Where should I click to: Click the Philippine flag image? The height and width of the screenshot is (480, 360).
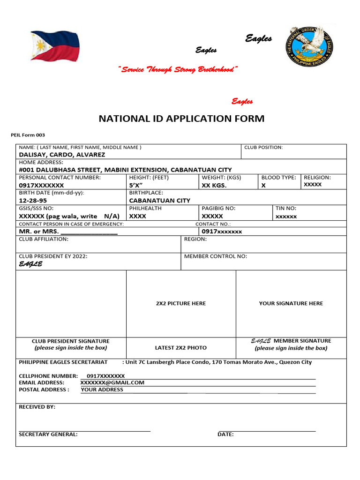click(55, 46)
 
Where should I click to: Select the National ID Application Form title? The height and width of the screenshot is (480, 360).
click(181, 119)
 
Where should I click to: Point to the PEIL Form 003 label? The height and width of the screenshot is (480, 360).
click(28, 135)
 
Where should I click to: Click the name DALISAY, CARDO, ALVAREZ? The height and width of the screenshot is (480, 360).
click(62, 155)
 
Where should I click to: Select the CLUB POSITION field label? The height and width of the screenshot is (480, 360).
click(263, 147)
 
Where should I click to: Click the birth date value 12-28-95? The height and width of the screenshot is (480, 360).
click(33, 201)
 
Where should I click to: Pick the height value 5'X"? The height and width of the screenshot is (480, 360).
click(136, 186)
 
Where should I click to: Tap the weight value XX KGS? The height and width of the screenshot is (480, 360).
click(214, 186)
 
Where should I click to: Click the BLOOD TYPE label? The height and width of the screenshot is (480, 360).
click(278, 178)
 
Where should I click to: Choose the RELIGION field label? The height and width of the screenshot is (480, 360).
click(317, 178)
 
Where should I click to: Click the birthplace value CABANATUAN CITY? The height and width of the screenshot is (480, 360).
click(160, 201)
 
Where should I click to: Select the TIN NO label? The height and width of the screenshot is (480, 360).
click(286, 208)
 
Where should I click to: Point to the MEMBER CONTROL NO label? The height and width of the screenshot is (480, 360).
click(216, 256)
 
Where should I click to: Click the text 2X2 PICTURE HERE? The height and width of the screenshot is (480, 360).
click(181, 303)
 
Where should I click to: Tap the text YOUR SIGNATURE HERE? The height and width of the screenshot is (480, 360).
click(291, 303)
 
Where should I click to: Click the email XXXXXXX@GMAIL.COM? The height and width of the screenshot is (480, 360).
click(112, 382)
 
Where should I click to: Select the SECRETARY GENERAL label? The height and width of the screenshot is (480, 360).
click(48, 435)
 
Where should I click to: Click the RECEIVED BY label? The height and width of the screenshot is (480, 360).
click(37, 407)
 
